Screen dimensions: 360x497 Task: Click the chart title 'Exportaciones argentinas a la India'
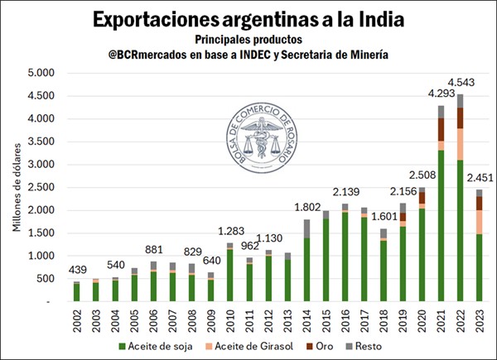(248, 19)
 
